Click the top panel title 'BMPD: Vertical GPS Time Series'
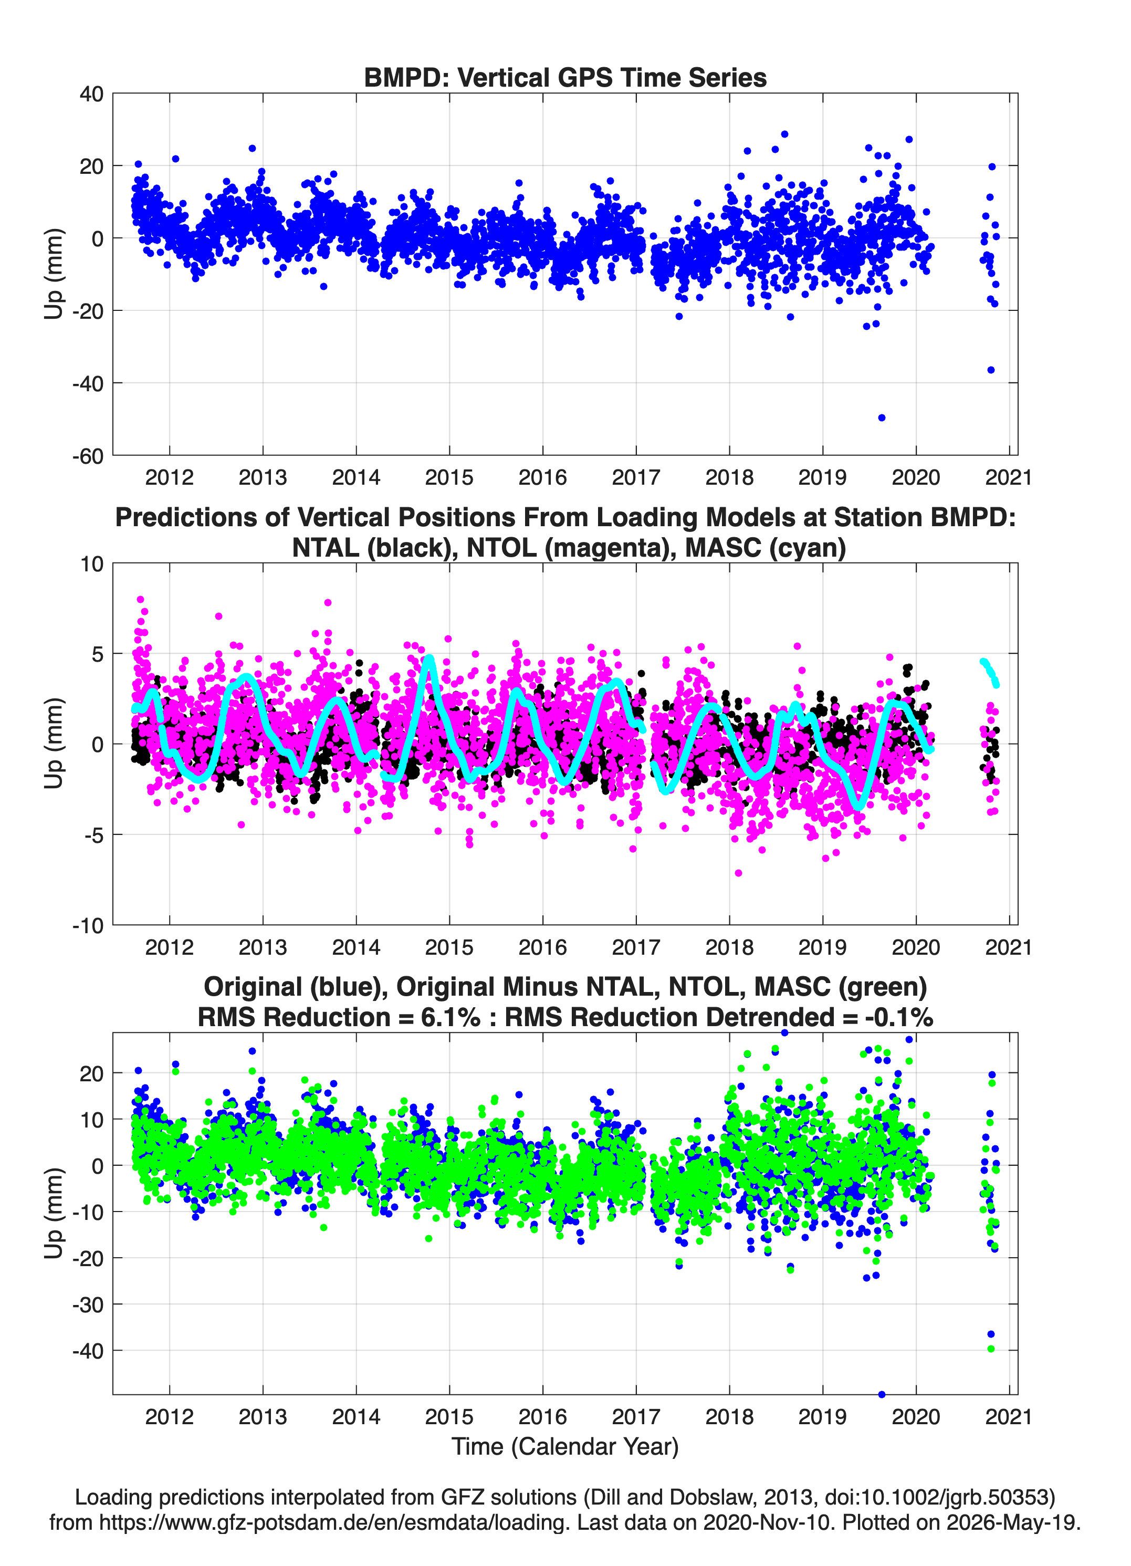coord(565,77)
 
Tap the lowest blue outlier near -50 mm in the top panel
coord(882,417)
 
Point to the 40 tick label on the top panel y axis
coord(92,94)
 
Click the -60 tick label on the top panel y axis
coord(88,456)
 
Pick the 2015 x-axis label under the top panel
coord(449,477)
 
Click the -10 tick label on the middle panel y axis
coord(88,926)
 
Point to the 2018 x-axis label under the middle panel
coord(729,947)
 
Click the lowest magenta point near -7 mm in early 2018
coord(738,873)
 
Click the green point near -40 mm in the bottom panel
coord(991,1349)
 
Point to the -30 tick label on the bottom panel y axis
coord(88,1305)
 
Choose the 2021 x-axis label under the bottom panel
coord(1008,1417)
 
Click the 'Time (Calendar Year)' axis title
coord(565,1447)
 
